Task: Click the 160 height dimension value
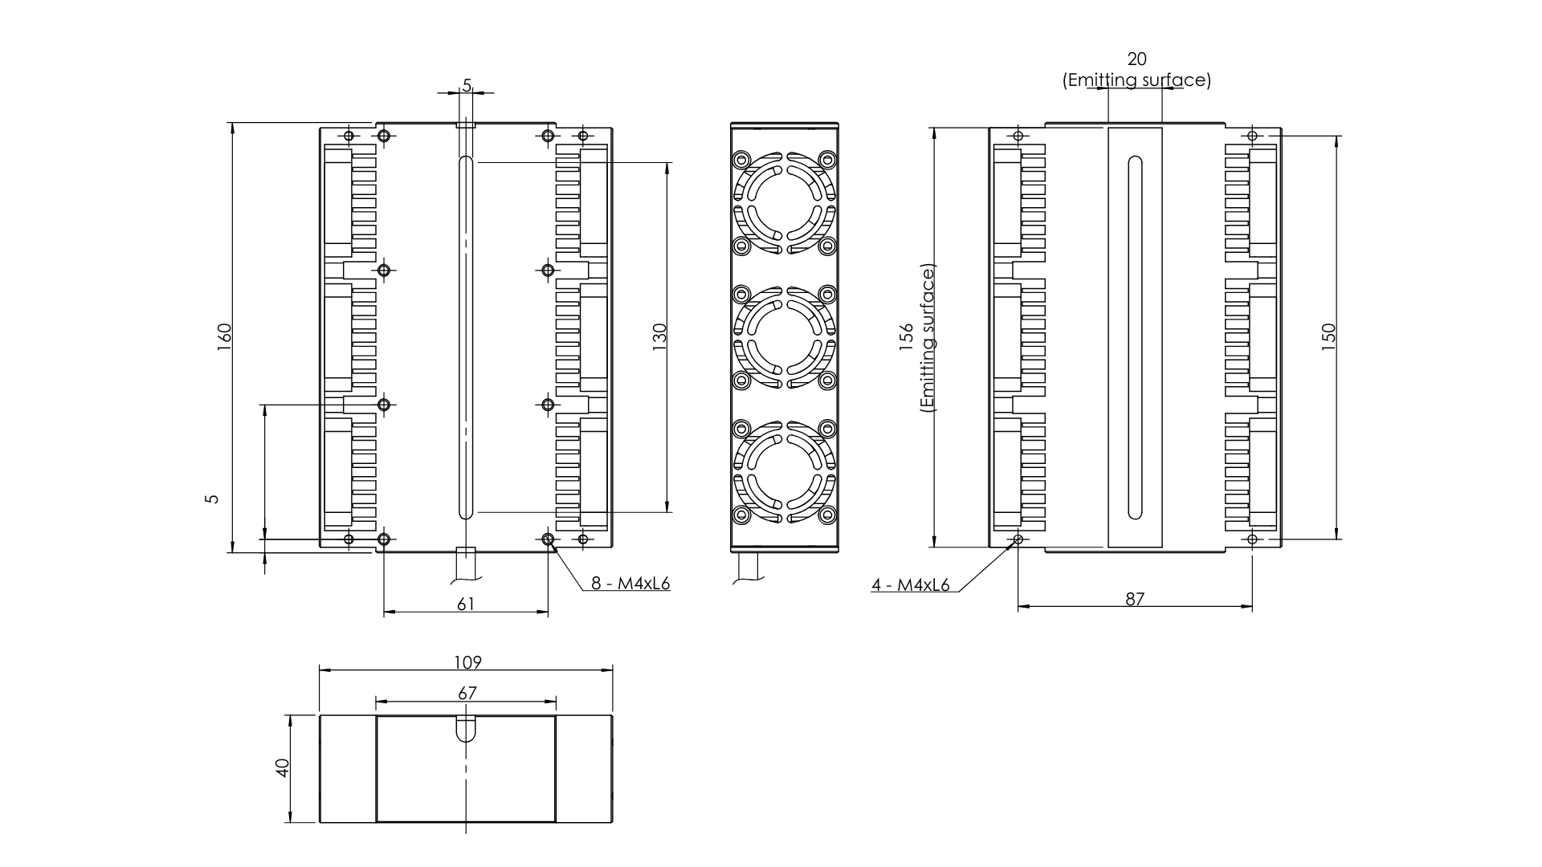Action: (x=224, y=332)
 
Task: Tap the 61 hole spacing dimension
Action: (x=466, y=604)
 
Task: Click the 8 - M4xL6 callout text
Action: (x=630, y=584)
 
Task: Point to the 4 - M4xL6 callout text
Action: (x=910, y=585)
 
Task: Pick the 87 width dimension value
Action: (x=1134, y=599)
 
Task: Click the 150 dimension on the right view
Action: (x=1328, y=334)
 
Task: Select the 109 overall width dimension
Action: (x=467, y=662)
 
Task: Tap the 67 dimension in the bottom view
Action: (x=467, y=692)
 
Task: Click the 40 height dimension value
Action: (x=282, y=768)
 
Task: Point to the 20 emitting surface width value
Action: (x=1136, y=59)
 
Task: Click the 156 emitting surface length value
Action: (x=907, y=336)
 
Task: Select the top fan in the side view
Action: (x=785, y=203)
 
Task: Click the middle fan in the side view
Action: (x=785, y=337)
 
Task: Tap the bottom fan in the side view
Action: (x=785, y=472)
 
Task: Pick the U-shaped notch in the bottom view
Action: (x=466, y=729)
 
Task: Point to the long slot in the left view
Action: (x=466, y=337)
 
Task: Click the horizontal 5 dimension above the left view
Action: (x=467, y=84)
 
